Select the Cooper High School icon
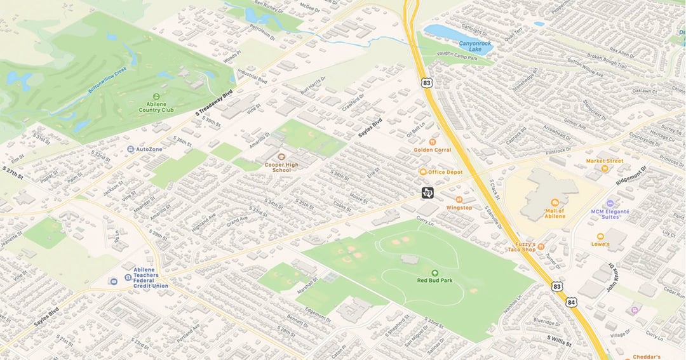click(x=281, y=156)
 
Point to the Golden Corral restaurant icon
click(x=432, y=142)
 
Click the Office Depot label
click(x=445, y=172)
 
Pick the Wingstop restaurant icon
click(x=459, y=199)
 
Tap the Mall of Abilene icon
click(x=555, y=203)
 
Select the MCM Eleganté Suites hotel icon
click(x=609, y=204)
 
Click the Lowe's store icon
click(x=600, y=236)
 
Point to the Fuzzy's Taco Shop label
click(x=521, y=246)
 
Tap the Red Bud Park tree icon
click(x=434, y=272)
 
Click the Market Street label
click(x=604, y=161)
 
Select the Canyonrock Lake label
click(x=476, y=46)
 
